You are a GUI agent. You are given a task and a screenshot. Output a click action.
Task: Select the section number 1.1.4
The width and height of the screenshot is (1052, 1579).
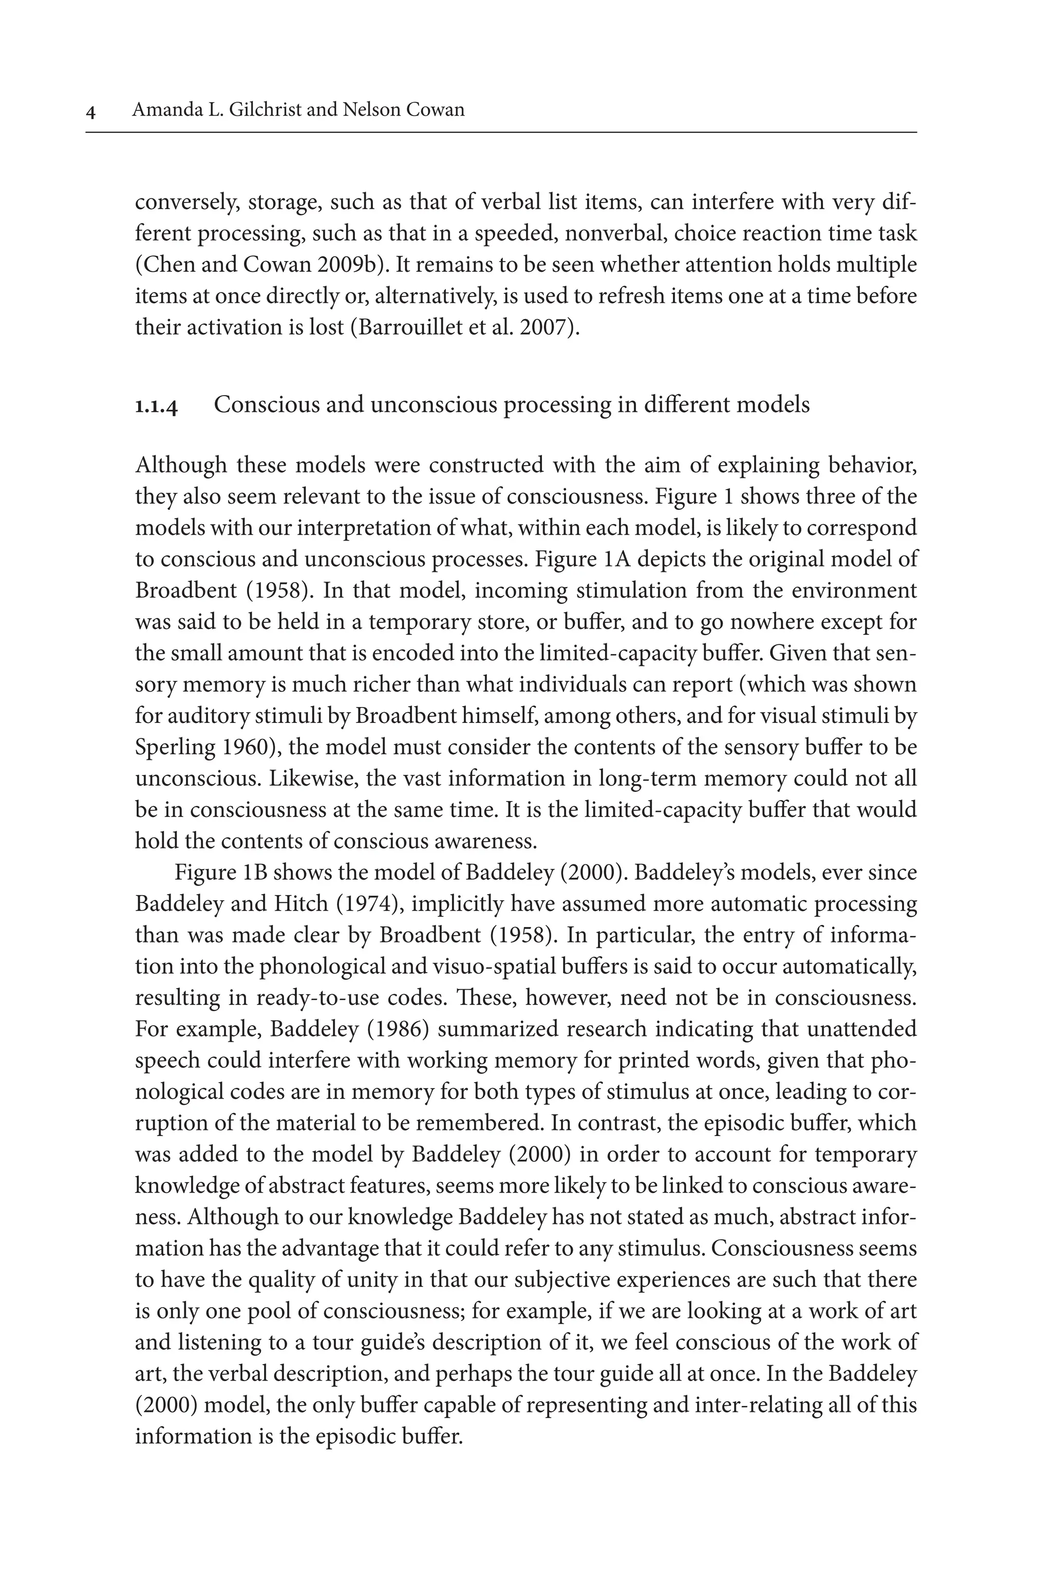coord(156,406)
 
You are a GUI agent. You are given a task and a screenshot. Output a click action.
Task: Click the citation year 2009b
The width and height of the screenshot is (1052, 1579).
coord(351,265)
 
